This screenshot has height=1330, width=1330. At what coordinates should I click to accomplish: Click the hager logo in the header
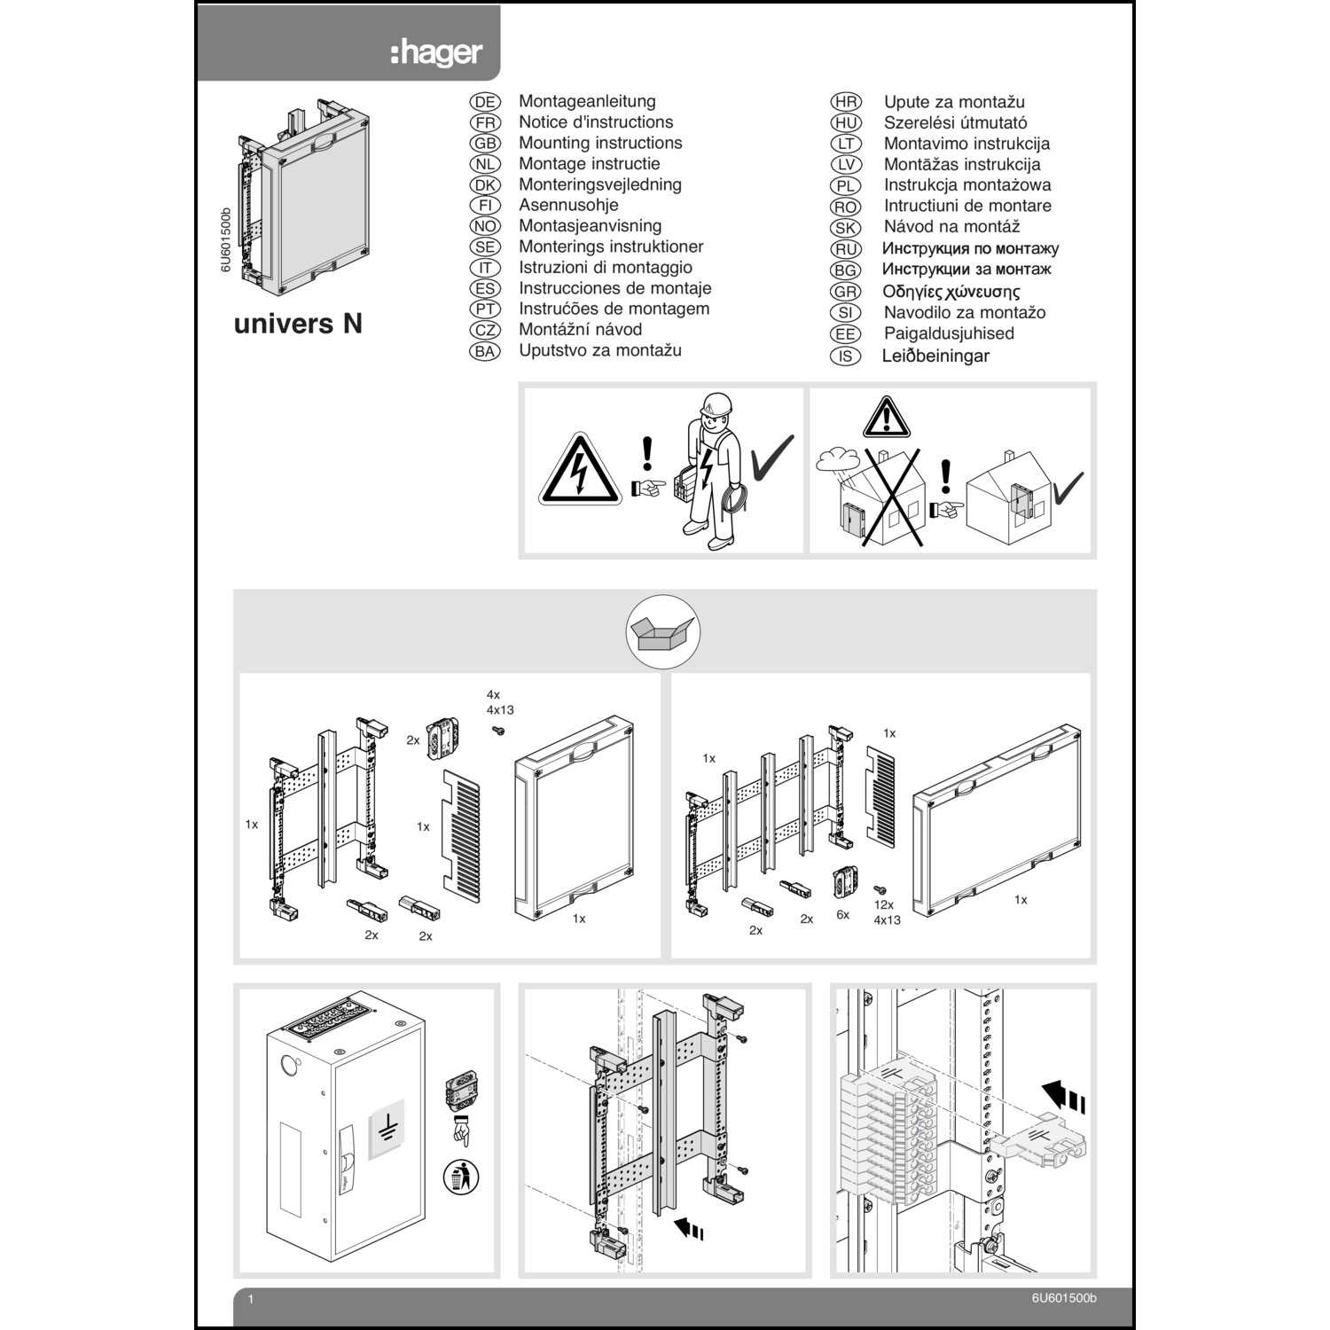[x=436, y=52]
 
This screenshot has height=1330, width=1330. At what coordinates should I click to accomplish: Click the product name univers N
[x=298, y=324]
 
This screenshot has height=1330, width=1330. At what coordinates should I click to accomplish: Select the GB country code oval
[x=485, y=144]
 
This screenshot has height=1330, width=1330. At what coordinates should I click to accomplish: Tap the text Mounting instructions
[x=600, y=143]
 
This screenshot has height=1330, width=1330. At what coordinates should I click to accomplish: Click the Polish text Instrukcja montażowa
[x=966, y=185]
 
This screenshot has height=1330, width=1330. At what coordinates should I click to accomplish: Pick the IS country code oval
[x=845, y=356]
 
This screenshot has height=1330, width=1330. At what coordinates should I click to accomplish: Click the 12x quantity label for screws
[x=883, y=904]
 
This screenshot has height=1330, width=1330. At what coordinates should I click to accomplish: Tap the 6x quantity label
[x=842, y=914]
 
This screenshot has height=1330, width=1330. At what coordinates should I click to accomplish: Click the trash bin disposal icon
[x=461, y=1177]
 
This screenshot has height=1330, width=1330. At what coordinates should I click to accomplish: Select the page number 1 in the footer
[x=251, y=1300]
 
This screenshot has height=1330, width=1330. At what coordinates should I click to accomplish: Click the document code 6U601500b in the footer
[x=1063, y=1298]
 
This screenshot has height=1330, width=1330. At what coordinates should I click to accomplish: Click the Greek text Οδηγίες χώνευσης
[x=951, y=292]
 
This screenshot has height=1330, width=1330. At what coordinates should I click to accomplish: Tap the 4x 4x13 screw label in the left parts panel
[x=499, y=702]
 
